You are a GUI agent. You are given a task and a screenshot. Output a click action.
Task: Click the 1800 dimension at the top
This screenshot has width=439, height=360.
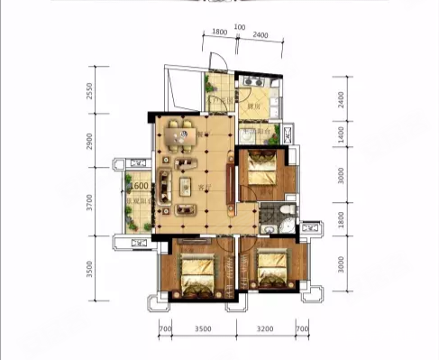pyautogui.click(x=219, y=34)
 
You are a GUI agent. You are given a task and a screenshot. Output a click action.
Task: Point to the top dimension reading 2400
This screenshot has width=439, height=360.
pyautogui.click(x=261, y=34)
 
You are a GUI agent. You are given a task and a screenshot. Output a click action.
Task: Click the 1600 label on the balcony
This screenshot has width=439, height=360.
pyautogui.click(x=139, y=186)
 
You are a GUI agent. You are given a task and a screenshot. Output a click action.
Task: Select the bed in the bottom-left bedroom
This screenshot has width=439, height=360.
pyautogui.click(x=195, y=271)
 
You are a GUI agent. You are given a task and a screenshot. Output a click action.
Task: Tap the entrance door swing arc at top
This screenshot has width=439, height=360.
pyautogui.click(x=216, y=65)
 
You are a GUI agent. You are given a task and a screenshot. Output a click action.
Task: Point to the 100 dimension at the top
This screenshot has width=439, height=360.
pyautogui.click(x=239, y=26)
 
